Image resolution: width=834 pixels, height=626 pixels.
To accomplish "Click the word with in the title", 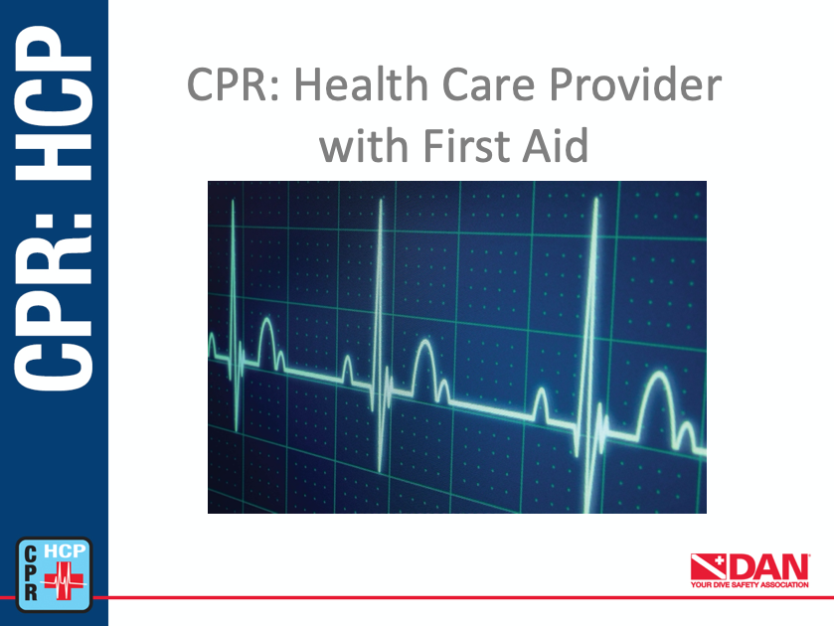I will (x=361, y=147).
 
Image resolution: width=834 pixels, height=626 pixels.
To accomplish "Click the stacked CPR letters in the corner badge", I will (x=31, y=572).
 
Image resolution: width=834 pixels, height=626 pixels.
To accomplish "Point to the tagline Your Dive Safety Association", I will (x=751, y=585).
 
